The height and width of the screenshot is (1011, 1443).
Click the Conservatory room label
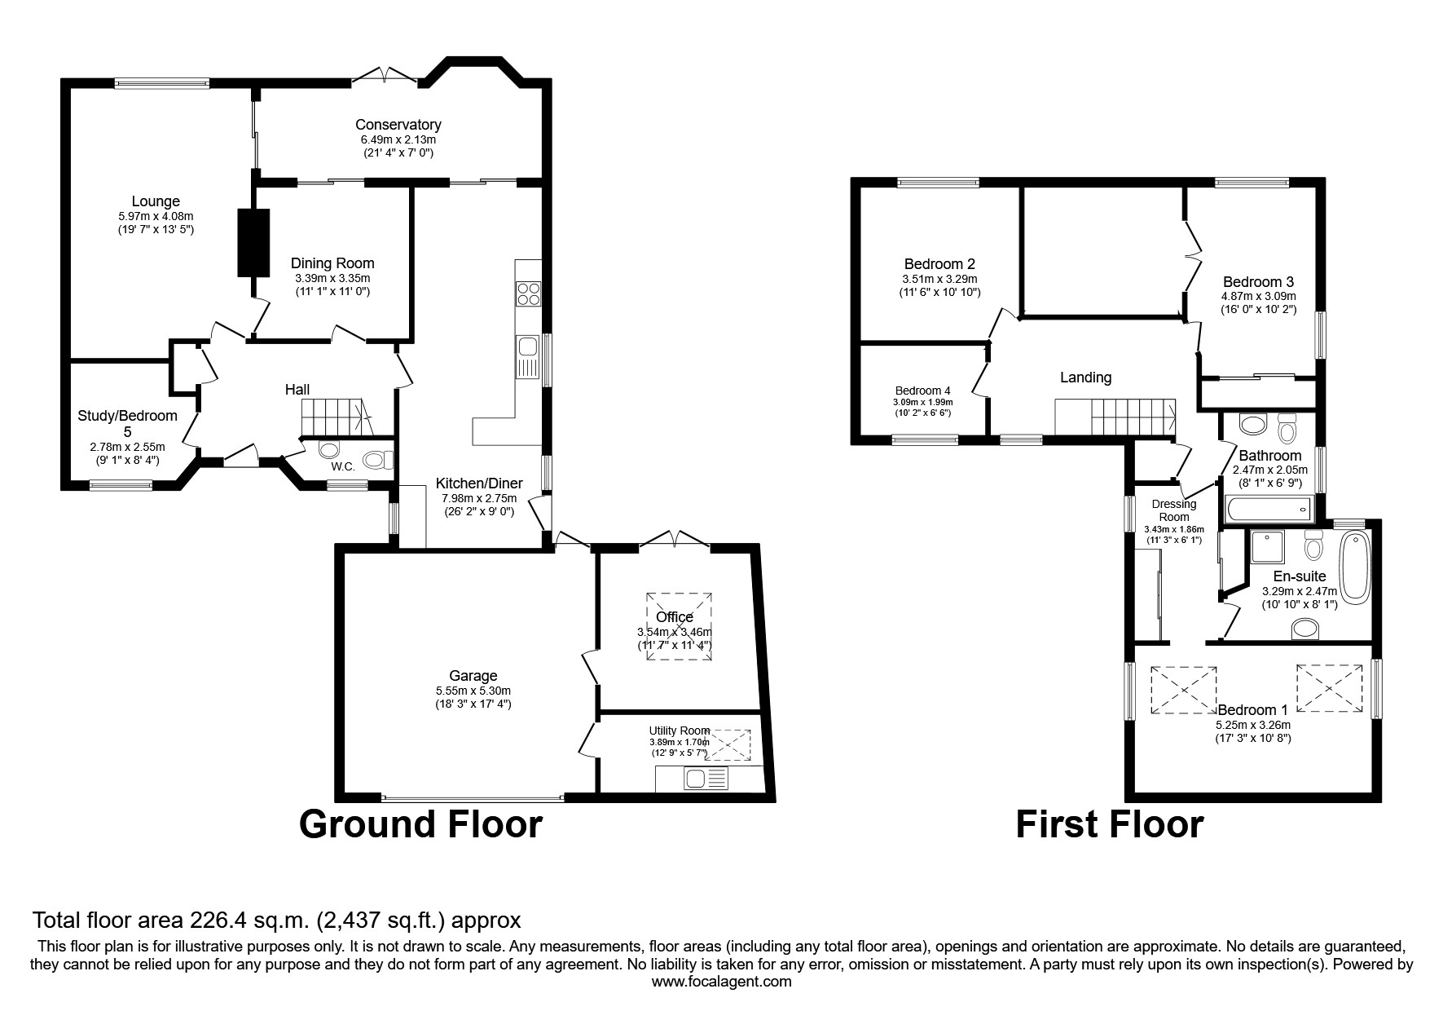(x=398, y=125)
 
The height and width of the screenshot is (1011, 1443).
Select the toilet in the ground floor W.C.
(x=376, y=461)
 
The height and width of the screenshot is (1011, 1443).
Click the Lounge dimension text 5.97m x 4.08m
(x=155, y=217)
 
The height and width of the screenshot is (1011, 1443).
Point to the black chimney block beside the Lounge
(x=253, y=242)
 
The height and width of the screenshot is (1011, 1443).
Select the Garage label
(x=473, y=676)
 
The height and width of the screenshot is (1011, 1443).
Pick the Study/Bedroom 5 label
(x=127, y=423)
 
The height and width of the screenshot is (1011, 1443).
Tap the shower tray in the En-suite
(x=1266, y=548)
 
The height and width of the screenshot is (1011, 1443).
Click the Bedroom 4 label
(x=922, y=391)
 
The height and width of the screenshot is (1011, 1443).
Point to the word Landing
(x=1085, y=377)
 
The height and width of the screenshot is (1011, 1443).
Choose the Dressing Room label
(x=1173, y=510)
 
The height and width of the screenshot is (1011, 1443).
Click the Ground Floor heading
(x=420, y=824)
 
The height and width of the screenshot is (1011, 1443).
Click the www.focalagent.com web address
(x=721, y=982)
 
